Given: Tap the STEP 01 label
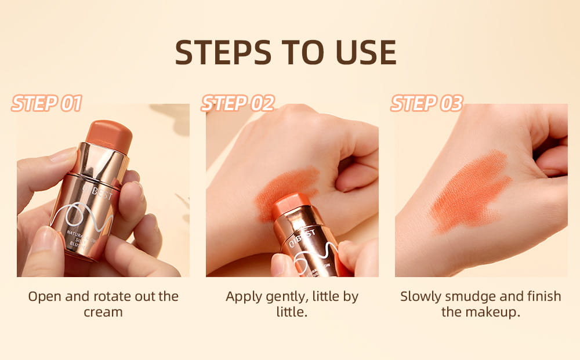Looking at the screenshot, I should (46, 104).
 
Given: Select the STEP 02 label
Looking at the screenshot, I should (237, 104).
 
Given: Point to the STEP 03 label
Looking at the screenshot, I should (427, 104).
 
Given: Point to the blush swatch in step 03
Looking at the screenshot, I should (470, 192).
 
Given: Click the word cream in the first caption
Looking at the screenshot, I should (103, 312).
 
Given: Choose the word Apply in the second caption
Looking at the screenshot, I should (244, 297).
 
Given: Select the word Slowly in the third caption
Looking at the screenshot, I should (422, 296).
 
